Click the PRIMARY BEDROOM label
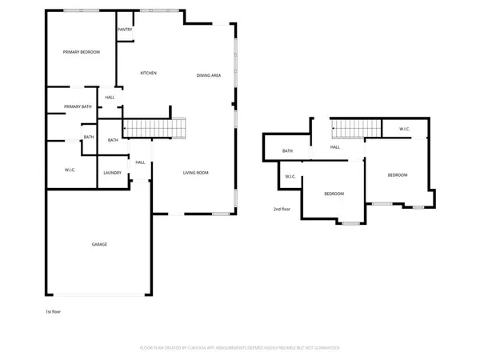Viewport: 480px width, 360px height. [x=82, y=52]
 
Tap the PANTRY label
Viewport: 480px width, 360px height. [x=125, y=30]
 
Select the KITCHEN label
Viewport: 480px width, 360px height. [x=149, y=73]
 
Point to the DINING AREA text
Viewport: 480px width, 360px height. [x=209, y=75]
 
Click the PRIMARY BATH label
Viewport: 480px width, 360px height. [x=78, y=106]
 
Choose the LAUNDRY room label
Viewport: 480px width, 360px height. [x=112, y=173]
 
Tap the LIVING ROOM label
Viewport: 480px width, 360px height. [x=196, y=173]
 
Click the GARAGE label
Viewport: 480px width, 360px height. [x=99, y=244]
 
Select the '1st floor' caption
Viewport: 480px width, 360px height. [x=54, y=311]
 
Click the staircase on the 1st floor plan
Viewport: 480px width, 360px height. [x=154, y=126]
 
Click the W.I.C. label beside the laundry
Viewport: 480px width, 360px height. [x=70, y=170]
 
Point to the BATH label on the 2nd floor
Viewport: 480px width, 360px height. [x=287, y=151]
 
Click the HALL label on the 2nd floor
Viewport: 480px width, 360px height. [x=335, y=147]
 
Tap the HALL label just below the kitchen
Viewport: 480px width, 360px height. [x=110, y=98]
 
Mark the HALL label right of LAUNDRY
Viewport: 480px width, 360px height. [x=140, y=162]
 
